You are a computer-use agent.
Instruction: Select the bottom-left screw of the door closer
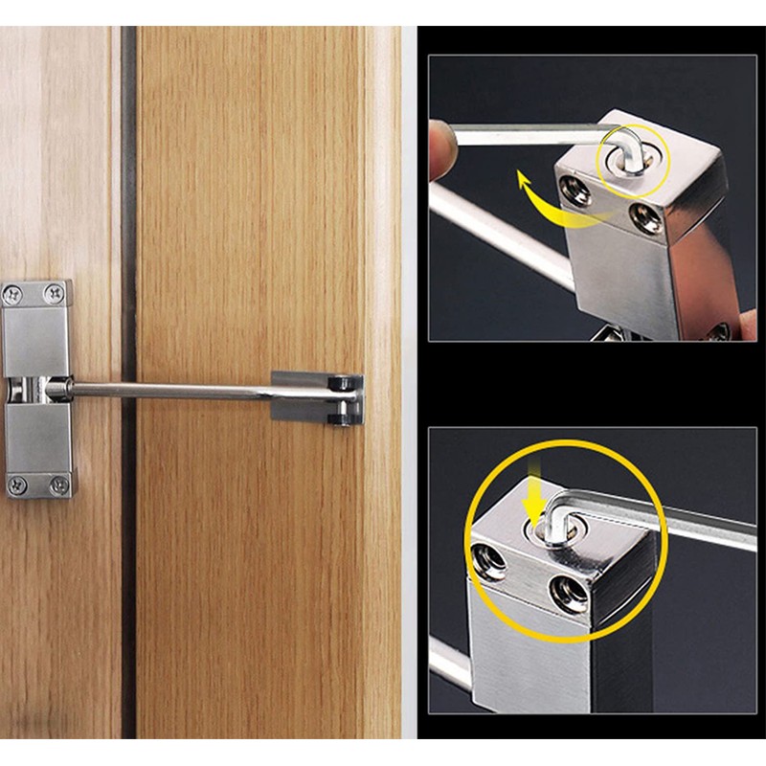pyautogui.click(x=15, y=485)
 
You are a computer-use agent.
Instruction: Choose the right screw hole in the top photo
pyautogui.click(x=645, y=218)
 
